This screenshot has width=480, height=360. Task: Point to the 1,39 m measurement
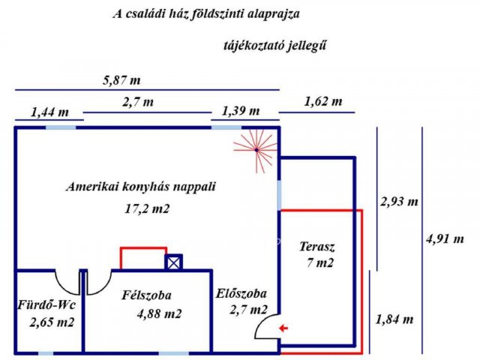coord(241,111)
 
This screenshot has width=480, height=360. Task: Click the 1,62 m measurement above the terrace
coord(323,101)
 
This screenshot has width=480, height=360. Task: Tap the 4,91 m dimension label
coord(445,239)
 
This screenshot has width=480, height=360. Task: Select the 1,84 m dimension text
coord(394,319)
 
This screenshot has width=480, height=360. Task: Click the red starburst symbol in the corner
coord(256,148)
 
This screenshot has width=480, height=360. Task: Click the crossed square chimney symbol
coord(174,262)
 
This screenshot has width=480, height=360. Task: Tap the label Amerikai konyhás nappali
coord(140,187)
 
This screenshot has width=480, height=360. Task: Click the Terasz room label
coord(317,247)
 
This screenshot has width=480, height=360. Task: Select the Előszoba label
coord(241,294)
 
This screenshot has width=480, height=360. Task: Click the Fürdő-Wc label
coord(46,306)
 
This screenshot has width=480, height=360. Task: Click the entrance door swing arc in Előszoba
coord(265,327)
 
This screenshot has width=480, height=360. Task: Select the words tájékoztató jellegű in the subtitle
coord(275,46)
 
